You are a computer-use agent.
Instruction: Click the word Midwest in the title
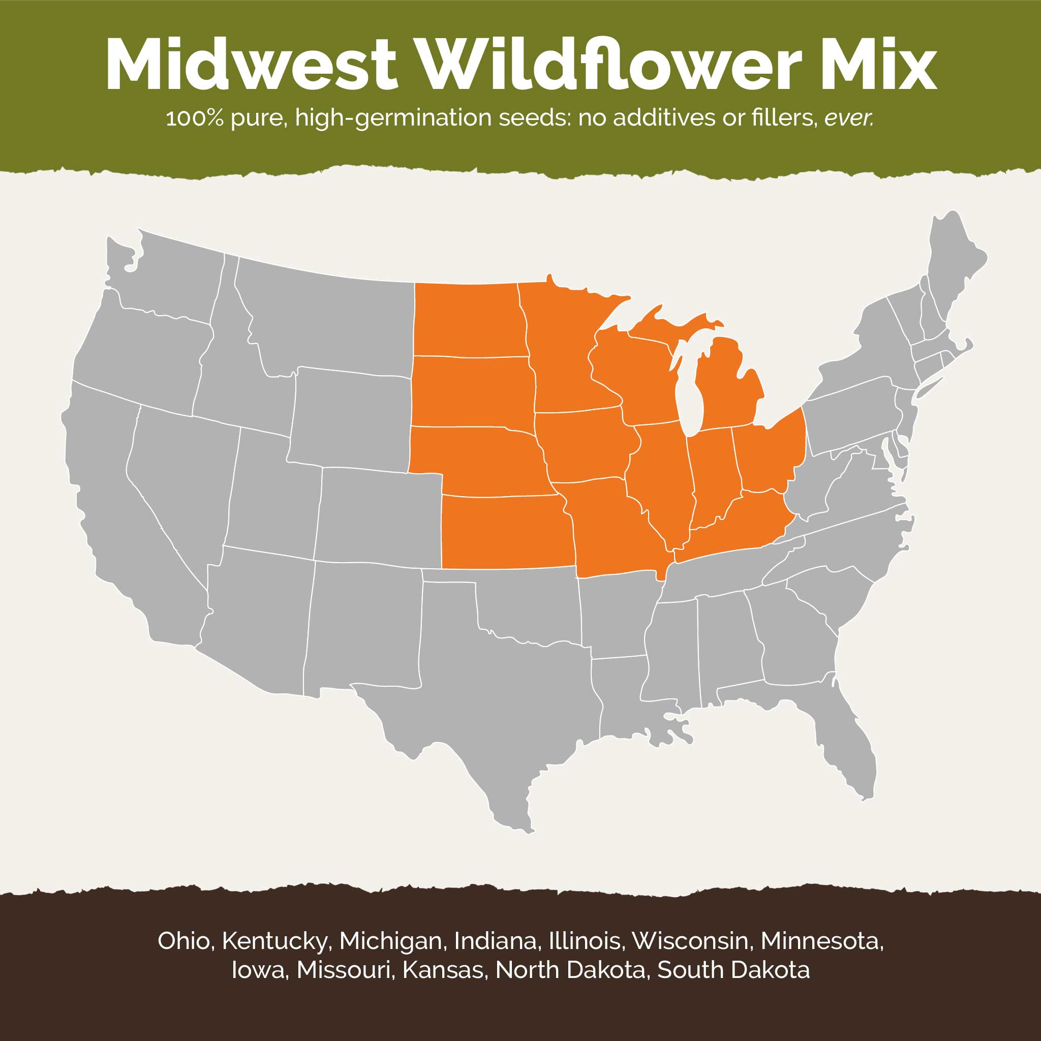tap(251, 65)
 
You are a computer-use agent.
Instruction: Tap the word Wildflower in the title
tap(609, 65)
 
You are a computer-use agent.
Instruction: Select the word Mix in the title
tap(878, 65)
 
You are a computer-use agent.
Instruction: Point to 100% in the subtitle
tap(195, 117)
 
